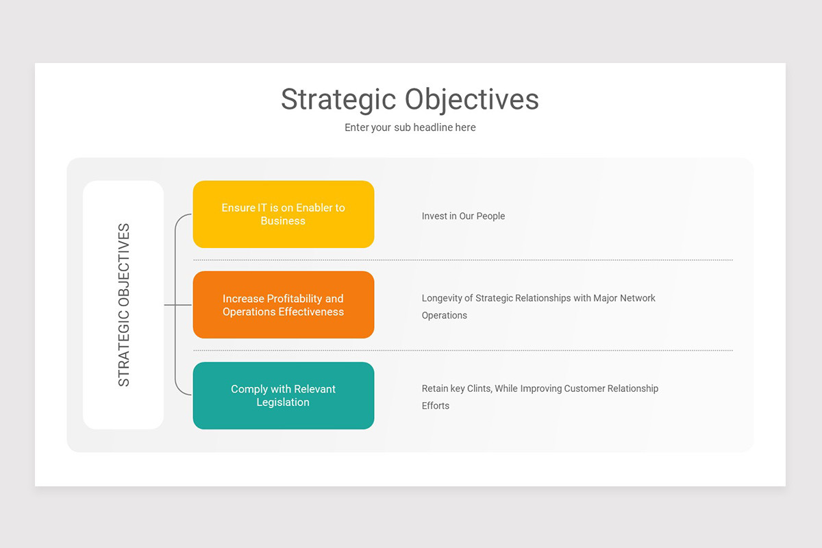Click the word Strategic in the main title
pyautogui.click(x=338, y=99)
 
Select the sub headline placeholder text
pyautogui.click(x=410, y=127)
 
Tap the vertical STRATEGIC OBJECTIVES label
pyautogui.click(x=124, y=305)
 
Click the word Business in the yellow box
pyautogui.click(x=283, y=221)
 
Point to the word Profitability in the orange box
pyautogui.click(x=295, y=299)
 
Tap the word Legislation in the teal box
pyautogui.click(x=283, y=402)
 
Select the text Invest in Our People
pyautogui.click(x=463, y=216)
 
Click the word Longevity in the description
pyautogui.click(x=442, y=298)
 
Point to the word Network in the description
pyautogui.click(x=638, y=298)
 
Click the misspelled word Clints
pyautogui.click(x=479, y=388)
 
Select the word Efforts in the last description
pyautogui.click(x=436, y=406)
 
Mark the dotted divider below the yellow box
pyautogui.click(x=463, y=260)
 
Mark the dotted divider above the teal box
pyautogui.click(x=463, y=351)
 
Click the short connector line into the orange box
pyautogui.click(x=179, y=305)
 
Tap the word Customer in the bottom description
pyautogui.click(x=587, y=388)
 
